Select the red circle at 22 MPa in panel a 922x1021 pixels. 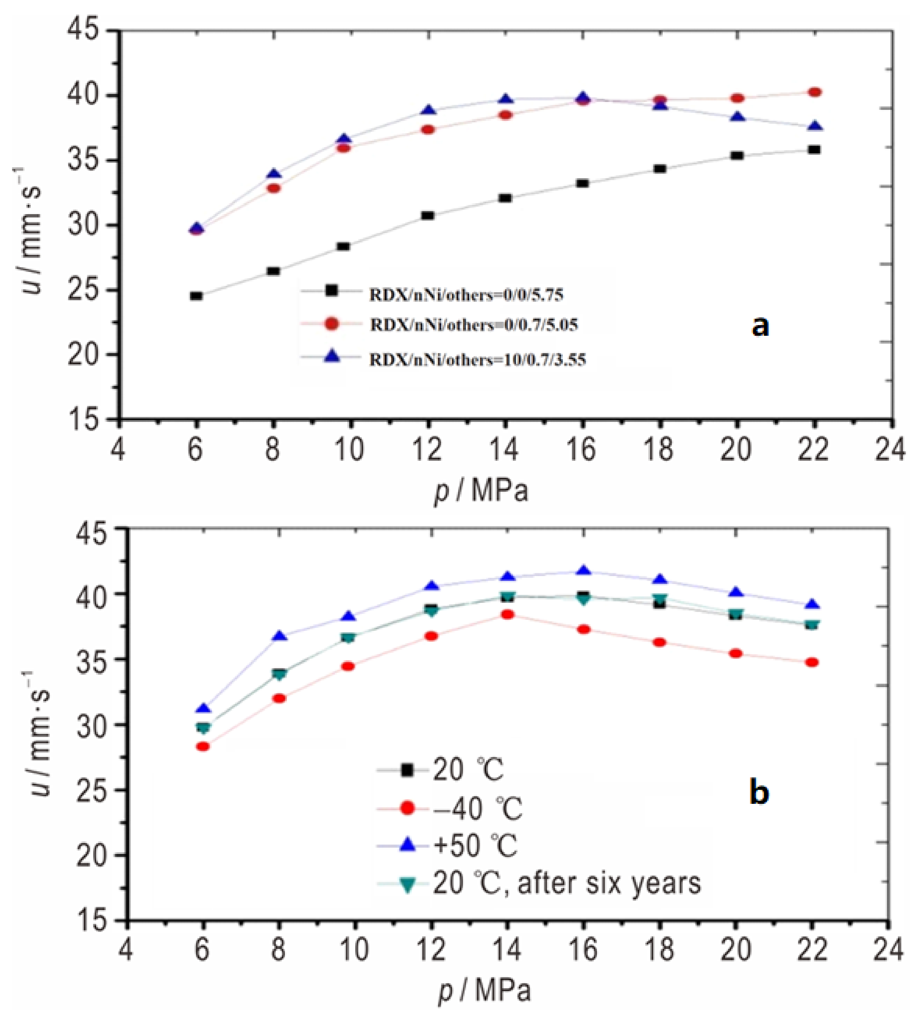pos(814,92)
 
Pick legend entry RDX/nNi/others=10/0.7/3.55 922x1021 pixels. pos(477,359)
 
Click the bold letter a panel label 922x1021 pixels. pos(760,327)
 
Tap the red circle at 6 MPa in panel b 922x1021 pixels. pos(203,746)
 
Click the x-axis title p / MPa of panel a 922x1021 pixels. pos(481,491)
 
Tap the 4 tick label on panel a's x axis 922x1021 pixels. pos(118,450)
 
